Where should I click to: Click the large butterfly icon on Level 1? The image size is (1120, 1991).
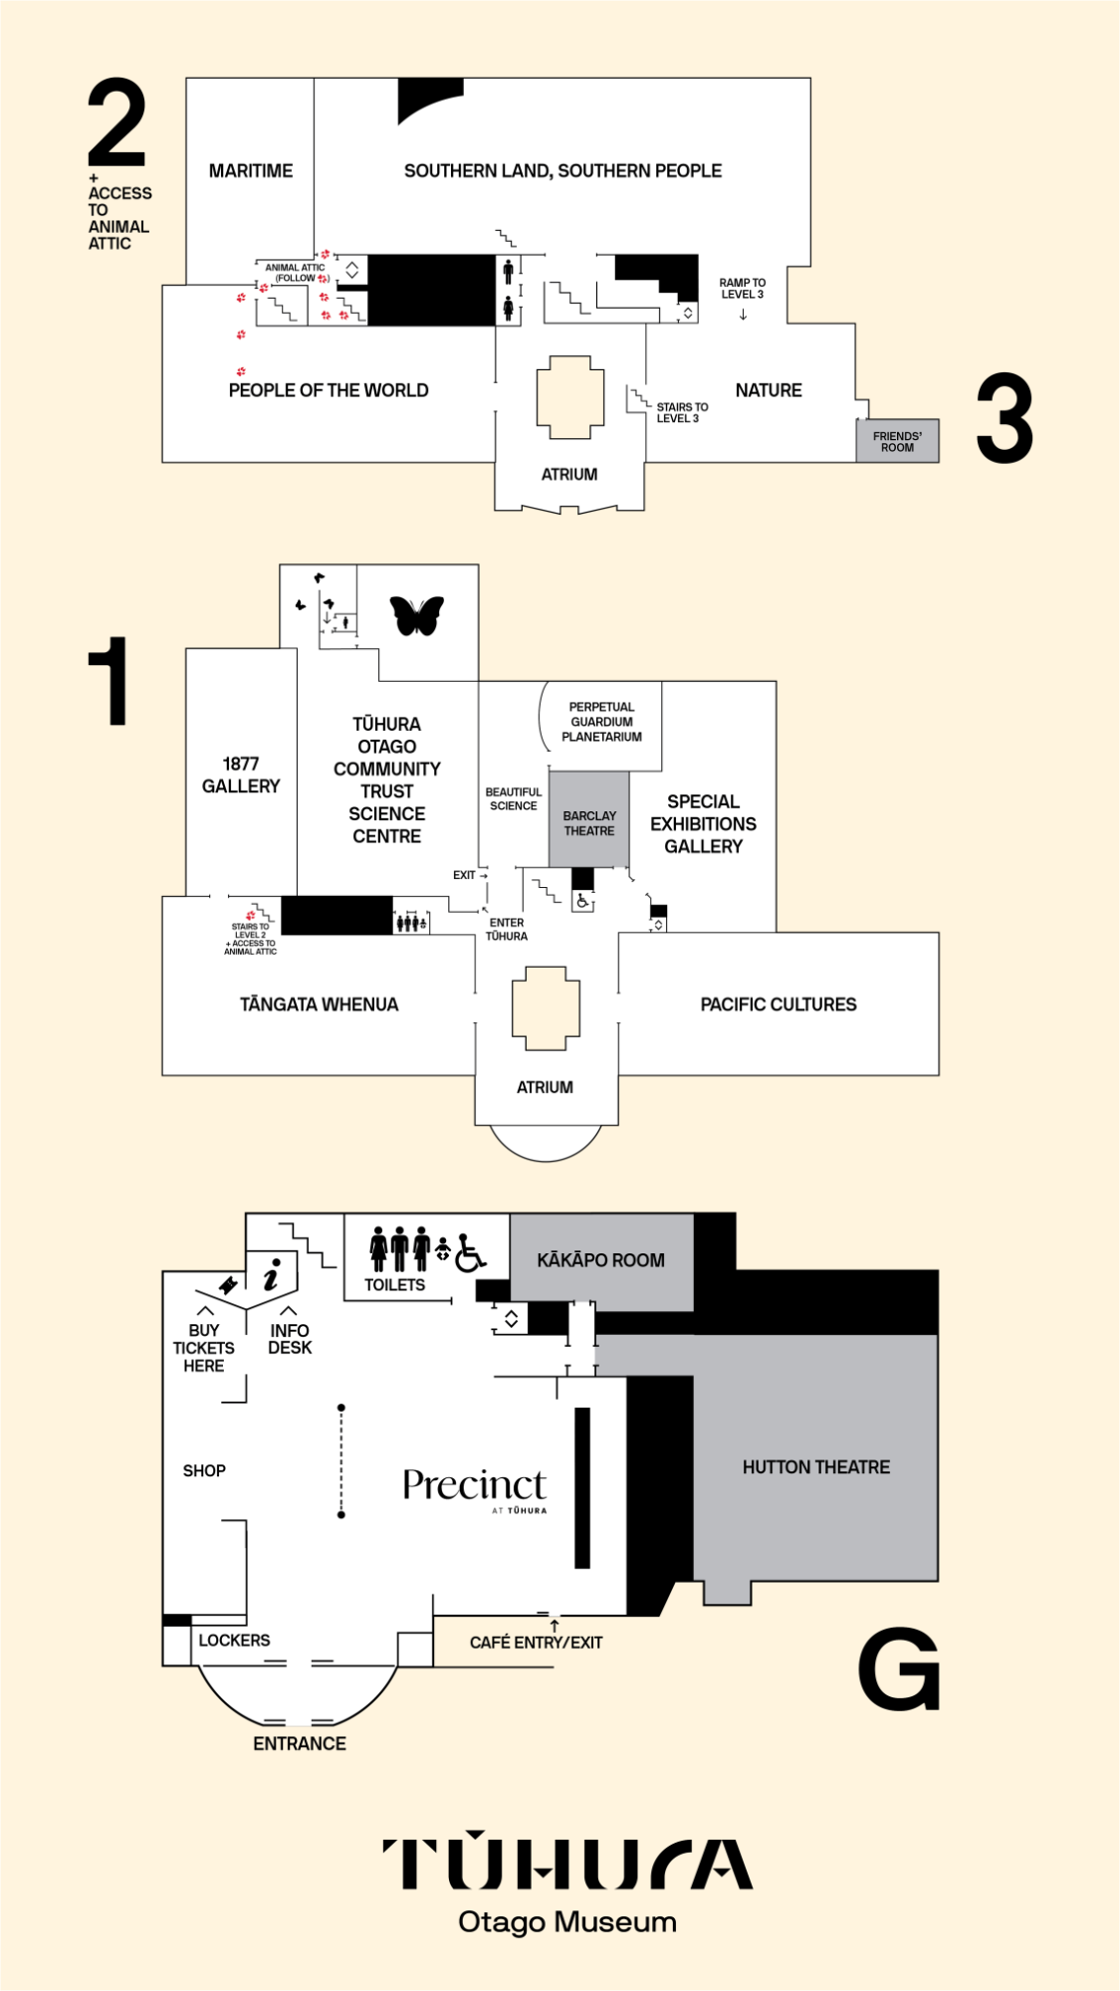416,615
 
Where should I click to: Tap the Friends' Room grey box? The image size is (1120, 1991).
897,441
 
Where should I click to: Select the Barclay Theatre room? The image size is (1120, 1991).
589,819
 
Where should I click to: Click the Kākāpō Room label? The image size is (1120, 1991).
600,1260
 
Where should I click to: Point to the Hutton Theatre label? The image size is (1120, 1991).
816,1467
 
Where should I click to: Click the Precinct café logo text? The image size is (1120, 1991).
475,1487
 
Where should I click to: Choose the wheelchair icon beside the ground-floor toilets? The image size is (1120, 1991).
470,1254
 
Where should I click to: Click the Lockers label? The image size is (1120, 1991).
234,1641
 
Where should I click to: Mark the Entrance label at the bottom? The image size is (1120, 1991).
300,1744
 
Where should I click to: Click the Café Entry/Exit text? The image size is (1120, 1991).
537,1643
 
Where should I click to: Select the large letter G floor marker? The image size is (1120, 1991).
899,1668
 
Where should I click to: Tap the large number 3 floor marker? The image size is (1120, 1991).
1005,418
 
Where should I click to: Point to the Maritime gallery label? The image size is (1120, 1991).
251,171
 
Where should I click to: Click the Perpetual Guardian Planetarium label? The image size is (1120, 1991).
601,722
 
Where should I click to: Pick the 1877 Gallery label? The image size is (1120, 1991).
241,774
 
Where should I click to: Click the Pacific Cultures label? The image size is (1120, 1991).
779,1004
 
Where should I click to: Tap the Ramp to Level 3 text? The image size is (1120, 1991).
743,289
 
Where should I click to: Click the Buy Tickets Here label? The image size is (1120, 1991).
204,1348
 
